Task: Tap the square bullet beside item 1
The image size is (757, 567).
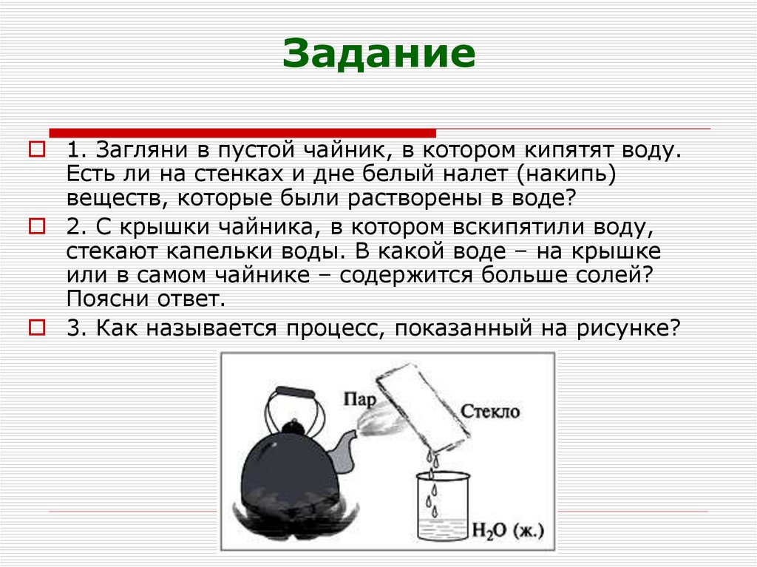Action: pos(35,148)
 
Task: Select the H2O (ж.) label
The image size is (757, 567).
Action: pos(508,529)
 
